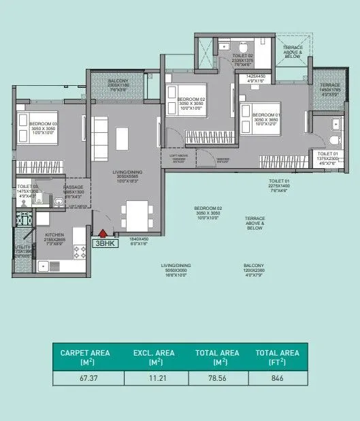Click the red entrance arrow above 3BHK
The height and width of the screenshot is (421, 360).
coord(103,233)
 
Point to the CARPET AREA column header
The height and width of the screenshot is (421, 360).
coord(80,356)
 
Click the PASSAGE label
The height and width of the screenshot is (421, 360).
coord(73,187)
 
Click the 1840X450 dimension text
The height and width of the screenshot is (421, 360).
coord(138,240)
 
